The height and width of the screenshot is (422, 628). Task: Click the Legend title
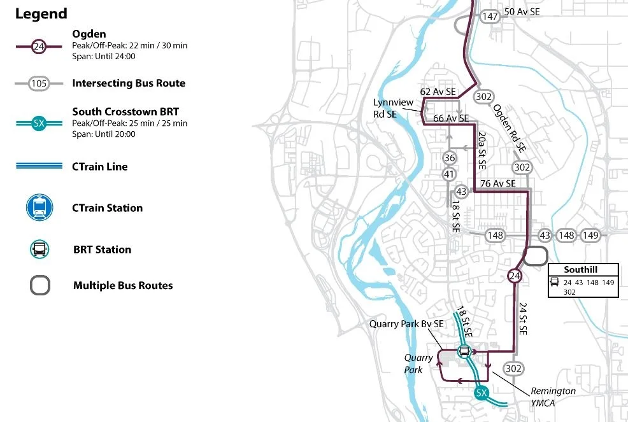coord(41,13)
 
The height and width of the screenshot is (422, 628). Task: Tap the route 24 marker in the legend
coord(39,45)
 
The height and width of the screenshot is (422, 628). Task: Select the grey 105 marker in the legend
coord(39,83)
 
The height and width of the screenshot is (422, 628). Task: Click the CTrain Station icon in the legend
coord(39,208)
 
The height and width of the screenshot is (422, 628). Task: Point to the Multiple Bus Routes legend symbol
coord(39,286)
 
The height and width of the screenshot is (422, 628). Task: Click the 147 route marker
coord(490,17)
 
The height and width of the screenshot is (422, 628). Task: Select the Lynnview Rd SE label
coord(393,108)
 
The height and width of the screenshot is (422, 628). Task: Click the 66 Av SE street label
coord(451,118)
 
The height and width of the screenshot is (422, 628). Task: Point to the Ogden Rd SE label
coord(510,128)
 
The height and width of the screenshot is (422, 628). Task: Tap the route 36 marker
coord(450,158)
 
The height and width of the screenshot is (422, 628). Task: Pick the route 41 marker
coord(450,174)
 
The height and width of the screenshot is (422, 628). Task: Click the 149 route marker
coord(591,236)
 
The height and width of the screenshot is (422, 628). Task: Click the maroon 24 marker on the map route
coord(515,276)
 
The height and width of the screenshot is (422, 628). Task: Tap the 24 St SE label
coord(523,319)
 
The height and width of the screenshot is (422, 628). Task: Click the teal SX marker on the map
coord(482,393)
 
